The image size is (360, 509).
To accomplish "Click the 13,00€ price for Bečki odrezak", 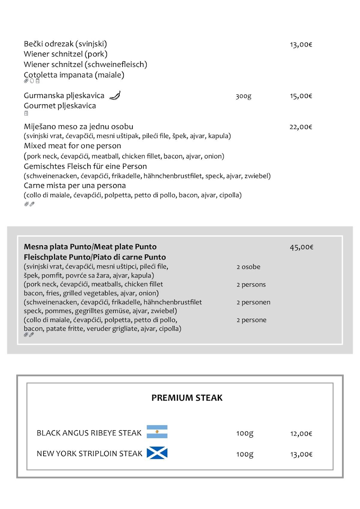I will coord(301,45).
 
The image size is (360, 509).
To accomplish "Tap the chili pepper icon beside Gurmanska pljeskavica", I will coord(115,95).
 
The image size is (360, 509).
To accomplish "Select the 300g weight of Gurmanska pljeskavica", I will coord(243,96).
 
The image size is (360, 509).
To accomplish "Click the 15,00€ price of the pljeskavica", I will coord(301,96).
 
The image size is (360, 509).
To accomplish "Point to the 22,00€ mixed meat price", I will coord(301,127).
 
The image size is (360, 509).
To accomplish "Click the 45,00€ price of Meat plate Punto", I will coord(301,247).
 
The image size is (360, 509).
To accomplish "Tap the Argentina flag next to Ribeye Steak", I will coord(157,432).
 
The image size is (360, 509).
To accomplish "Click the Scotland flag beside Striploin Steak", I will coord(157,453).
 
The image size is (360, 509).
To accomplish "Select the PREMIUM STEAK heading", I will coord(187,398).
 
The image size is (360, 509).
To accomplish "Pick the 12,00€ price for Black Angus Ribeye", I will coord(301,434).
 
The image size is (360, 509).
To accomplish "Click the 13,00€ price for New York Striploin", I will coord(301,454).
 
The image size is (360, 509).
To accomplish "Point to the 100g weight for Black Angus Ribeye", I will coord(244,433).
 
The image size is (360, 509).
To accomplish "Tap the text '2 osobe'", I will coord(248,267).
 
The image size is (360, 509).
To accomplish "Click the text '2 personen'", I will coord(253,302).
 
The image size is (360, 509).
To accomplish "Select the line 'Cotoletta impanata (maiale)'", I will coord(74,75).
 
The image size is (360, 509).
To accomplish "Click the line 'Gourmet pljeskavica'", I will coord(60,106).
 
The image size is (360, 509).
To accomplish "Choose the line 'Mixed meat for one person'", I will coord(72,146).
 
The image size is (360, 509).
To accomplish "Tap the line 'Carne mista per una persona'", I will coord(75,185).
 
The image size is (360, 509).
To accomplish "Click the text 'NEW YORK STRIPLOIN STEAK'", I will coord(89,453).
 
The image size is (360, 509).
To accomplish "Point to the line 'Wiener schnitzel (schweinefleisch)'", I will coord(85,64).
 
